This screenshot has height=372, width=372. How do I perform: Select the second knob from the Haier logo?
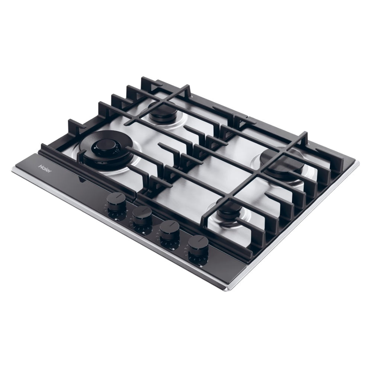142,214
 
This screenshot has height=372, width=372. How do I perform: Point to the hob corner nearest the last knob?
228,288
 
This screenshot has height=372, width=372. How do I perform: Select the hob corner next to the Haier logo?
15,169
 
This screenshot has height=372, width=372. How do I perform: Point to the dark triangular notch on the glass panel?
81,180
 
